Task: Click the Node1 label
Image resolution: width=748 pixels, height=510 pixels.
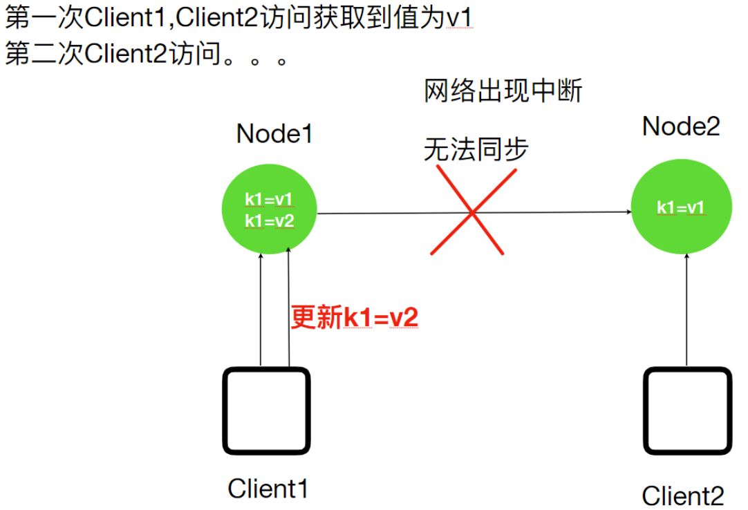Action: (x=274, y=134)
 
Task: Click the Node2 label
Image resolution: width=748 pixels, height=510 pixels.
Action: (x=681, y=126)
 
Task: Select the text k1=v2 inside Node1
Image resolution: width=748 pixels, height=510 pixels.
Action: (x=269, y=222)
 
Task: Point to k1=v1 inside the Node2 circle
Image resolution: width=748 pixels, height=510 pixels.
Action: (x=681, y=208)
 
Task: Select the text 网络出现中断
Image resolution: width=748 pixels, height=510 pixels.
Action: (x=503, y=92)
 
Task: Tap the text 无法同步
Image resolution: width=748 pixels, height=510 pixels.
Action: (x=476, y=149)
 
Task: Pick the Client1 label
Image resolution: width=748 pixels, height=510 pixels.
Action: (x=268, y=489)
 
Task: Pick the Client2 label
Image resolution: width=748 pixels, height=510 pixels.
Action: (x=683, y=495)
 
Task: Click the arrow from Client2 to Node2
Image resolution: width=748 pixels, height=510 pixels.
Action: (x=686, y=311)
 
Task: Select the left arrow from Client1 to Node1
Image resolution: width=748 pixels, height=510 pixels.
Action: (x=261, y=311)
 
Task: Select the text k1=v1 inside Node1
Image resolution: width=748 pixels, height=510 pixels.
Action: (x=269, y=200)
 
